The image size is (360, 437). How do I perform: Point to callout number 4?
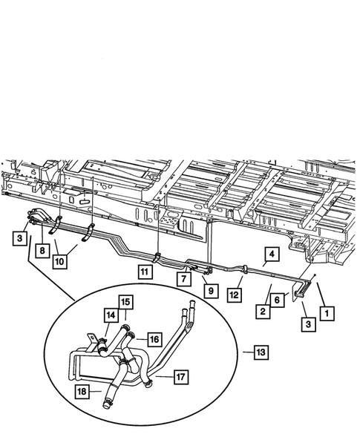272,254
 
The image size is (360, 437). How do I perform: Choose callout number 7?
182,278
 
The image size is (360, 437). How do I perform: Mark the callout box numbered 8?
43,252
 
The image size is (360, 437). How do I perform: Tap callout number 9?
212,292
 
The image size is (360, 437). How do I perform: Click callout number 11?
145,272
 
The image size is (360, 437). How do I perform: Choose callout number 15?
125,302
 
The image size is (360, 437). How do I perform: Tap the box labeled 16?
153,339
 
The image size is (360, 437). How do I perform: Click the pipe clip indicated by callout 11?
158,257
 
